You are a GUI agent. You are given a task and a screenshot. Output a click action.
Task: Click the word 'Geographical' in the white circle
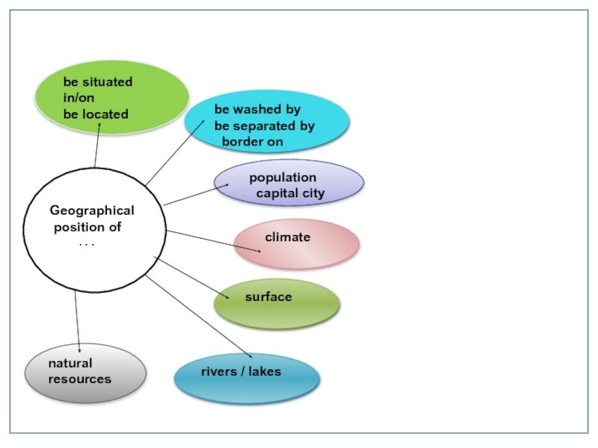click(x=92, y=211)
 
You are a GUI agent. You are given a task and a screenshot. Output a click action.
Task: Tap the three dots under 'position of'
click(x=87, y=244)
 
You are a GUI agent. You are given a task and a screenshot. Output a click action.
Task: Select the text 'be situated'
click(x=97, y=82)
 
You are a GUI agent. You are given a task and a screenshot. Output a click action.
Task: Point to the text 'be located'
click(x=96, y=114)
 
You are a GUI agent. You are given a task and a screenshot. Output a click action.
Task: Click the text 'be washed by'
click(x=257, y=110)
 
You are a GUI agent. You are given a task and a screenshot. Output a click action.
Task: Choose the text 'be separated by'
click(x=264, y=125)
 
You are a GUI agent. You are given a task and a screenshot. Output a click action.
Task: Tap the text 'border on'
click(x=252, y=141)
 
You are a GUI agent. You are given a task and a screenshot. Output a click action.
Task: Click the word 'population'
click(x=283, y=178)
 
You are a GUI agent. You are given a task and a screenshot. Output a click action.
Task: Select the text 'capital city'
click(x=291, y=193)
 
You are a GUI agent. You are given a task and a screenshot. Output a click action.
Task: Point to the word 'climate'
click(x=288, y=237)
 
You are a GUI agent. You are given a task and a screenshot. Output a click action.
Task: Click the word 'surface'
click(x=268, y=296)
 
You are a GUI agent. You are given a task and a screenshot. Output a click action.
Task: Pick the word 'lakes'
click(x=265, y=371)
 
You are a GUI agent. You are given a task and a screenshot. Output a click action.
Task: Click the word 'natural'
click(x=70, y=364)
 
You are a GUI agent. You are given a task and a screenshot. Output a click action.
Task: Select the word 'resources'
click(x=79, y=379)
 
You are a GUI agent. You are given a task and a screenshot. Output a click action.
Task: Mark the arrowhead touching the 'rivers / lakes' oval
click(x=249, y=355)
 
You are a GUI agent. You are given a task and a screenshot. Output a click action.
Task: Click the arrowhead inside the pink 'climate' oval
click(x=259, y=250)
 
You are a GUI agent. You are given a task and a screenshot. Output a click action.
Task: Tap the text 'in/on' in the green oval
click(x=78, y=98)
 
